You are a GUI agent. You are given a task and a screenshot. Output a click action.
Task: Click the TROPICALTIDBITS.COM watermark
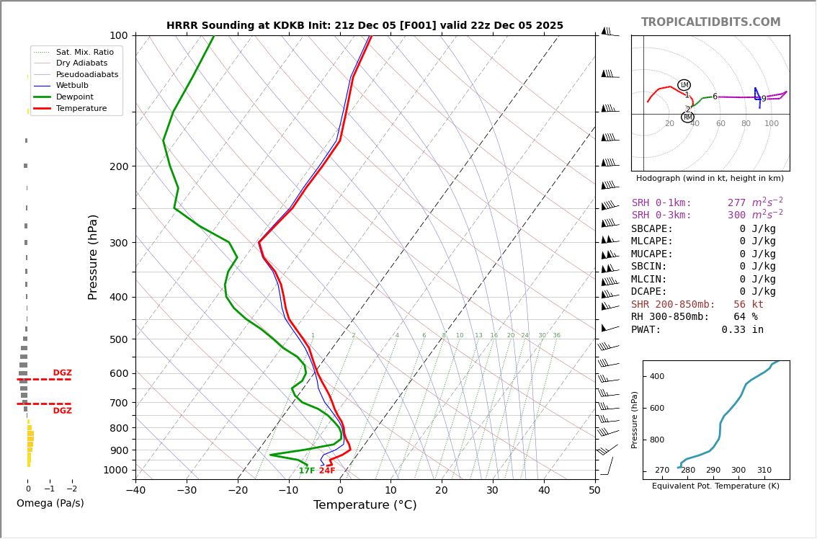710,22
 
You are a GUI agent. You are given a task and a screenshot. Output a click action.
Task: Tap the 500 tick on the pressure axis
118,339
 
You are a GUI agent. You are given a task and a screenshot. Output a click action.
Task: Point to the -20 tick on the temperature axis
238,491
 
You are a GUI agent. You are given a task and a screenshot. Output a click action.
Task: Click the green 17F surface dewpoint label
307,471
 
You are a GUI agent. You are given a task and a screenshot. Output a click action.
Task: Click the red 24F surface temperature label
327,471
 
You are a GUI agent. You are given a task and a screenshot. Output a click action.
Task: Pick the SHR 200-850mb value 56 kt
749,305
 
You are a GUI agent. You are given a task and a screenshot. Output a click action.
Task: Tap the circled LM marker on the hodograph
684,85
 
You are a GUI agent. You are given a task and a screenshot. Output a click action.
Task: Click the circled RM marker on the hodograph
687,117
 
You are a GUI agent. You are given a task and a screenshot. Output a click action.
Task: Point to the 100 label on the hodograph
772,124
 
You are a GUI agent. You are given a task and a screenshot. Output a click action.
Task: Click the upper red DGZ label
63,373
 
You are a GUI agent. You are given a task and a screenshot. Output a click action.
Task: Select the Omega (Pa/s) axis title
50,504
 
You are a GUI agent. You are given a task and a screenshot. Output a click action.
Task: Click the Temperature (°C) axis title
365,505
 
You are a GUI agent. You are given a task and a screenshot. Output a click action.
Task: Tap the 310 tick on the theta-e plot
764,471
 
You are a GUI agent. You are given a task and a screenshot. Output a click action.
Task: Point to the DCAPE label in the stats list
649,292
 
